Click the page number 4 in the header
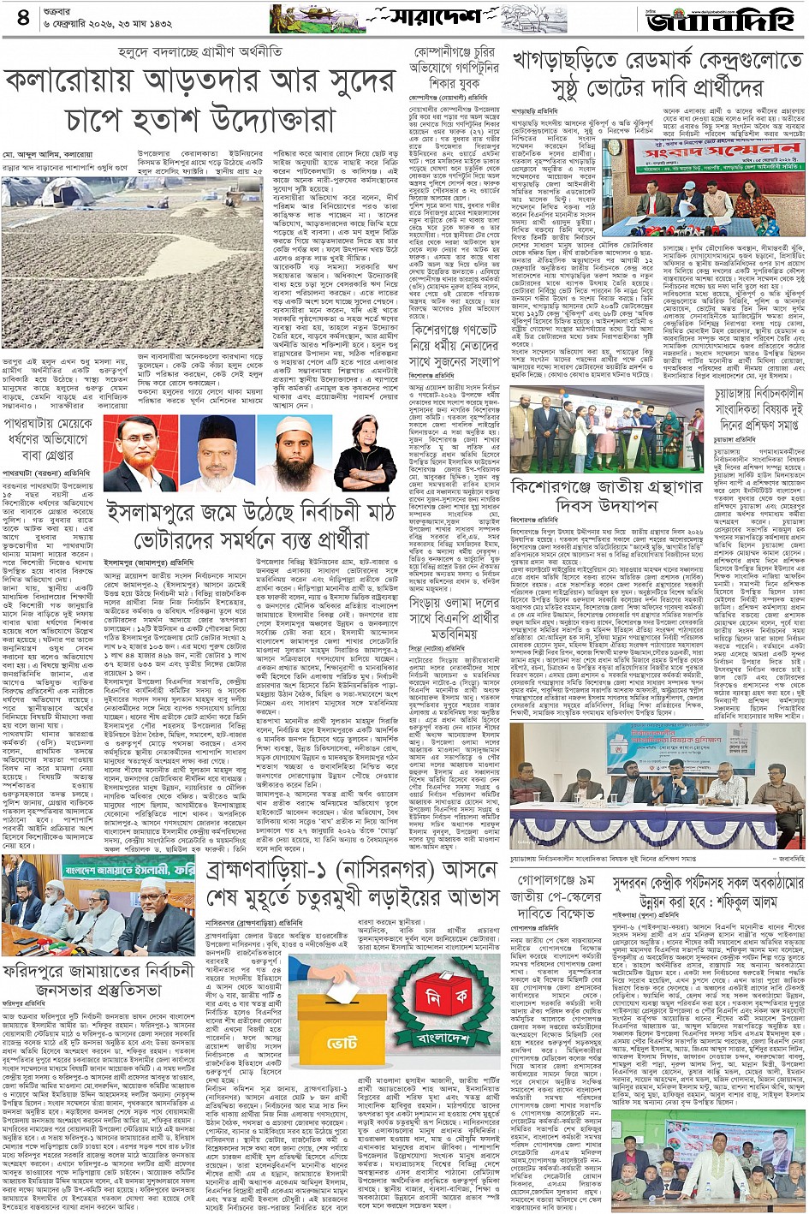tap(23, 18)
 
